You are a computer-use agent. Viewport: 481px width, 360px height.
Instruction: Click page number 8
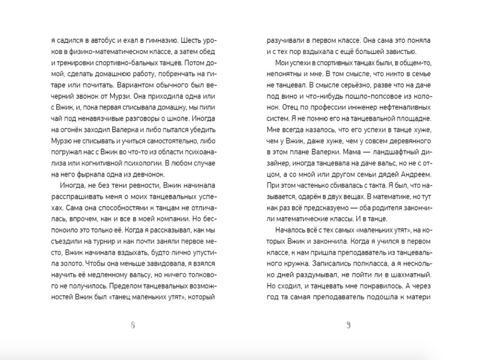[133, 325]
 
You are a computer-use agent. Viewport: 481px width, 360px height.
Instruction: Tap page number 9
[348, 325]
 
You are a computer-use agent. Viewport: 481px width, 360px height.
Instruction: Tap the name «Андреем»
[415, 174]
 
